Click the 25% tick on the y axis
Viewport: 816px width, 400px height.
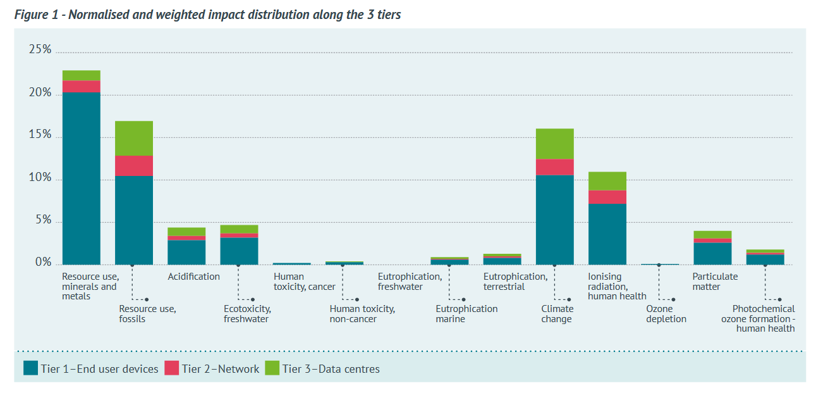coord(40,49)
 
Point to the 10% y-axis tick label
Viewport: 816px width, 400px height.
coord(40,178)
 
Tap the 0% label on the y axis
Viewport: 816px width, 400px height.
coord(43,263)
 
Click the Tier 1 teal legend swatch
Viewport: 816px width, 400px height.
coord(30,368)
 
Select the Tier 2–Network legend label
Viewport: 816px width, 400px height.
coord(220,368)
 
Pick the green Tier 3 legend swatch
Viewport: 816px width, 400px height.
coord(272,368)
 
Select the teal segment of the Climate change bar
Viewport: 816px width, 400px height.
coord(554,219)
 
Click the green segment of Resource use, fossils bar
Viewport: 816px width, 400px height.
coord(133,138)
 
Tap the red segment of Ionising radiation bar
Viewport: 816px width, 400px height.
coord(607,197)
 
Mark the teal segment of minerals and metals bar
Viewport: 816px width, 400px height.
coord(81,178)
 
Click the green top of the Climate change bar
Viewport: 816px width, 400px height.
coord(554,144)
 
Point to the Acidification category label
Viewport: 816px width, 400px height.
coord(193,277)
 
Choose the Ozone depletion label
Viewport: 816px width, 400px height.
coord(666,314)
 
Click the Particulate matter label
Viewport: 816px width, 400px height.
coord(715,282)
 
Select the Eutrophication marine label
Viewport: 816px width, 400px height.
coord(466,314)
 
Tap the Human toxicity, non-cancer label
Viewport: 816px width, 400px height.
coord(362,314)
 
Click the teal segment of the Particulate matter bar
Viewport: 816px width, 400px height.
coord(712,253)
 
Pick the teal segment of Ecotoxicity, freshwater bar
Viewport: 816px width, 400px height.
coord(239,251)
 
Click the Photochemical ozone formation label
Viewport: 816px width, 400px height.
coord(758,318)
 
